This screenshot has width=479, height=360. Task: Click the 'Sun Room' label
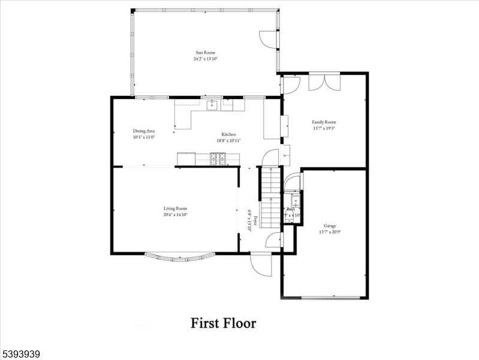click(x=204, y=53)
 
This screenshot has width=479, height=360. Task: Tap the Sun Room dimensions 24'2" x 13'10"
click(x=204, y=59)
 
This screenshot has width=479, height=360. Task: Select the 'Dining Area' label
click(x=144, y=131)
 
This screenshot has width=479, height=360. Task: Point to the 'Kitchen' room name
click(x=228, y=134)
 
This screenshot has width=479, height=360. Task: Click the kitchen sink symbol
click(x=212, y=106)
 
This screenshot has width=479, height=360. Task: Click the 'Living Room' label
click(x=175, y=208)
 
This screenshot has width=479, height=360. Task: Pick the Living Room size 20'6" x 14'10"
click(x=175, y=215)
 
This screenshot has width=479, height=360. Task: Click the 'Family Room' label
click(x=324, y=122)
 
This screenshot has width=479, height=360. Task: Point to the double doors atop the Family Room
click(x=324, y=82)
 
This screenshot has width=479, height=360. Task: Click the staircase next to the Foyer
click(x=270, y=198)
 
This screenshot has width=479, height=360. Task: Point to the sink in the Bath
click(x=295, y=200)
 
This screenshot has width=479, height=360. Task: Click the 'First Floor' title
click(x=223, y=323)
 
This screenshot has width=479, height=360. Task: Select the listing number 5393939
click(x=21, y=355)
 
